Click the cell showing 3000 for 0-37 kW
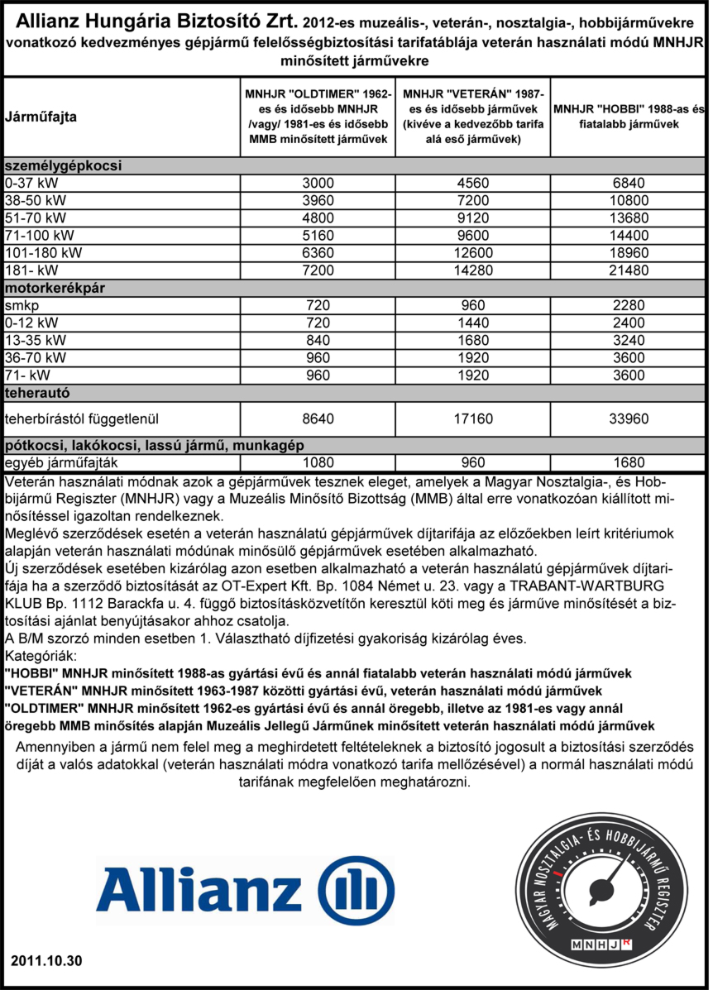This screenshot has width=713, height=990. click(x=318, y=183)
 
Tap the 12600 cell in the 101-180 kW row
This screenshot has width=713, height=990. click(x=472, y=253)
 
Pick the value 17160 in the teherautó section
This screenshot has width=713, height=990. click(x=472, y=419)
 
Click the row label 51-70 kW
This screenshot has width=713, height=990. click(x=34, y=218)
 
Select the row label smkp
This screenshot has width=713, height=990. click(x=19, y=305)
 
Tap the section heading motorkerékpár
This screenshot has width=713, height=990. click(x=58, y=288)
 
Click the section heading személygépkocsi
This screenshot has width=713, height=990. click(x=64, y=165)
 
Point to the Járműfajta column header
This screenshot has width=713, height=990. click(x=41, y=117)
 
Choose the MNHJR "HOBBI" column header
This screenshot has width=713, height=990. click(x=629, y=116)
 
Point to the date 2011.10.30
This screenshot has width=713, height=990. click(x=47, y=961)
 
